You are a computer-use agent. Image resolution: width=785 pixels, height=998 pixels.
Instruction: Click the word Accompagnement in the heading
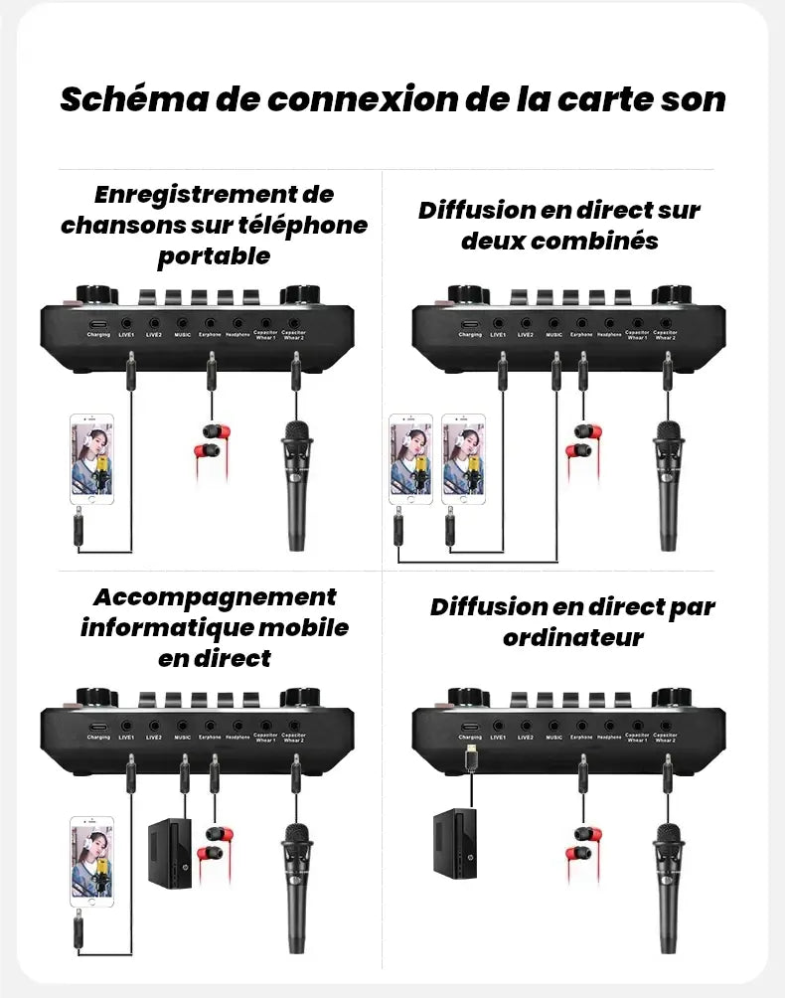[215, 597]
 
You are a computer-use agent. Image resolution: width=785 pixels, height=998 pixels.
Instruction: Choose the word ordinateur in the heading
[572, 637]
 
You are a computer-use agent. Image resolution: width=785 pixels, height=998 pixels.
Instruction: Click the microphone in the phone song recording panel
[295, 483]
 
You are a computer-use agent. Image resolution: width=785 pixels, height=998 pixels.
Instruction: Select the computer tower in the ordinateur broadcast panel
[454, 846]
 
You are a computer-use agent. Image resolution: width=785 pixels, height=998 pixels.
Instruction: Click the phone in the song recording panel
[91, 459]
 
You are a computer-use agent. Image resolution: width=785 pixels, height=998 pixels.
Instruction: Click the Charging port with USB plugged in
[470, 726]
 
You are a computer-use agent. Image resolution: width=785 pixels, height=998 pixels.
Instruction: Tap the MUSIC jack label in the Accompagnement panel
[182, 738]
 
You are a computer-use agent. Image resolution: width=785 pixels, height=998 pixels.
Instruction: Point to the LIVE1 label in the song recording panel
[126, 335]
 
